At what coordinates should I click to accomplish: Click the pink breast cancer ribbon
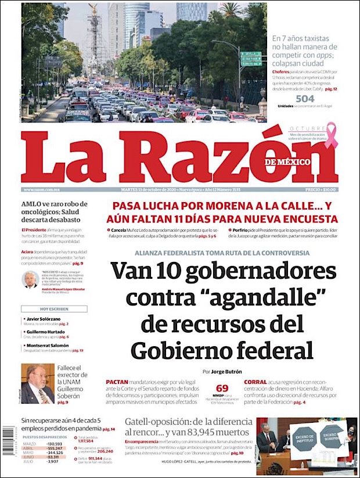pos(330,135)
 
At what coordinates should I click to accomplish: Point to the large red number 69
pos(222,388)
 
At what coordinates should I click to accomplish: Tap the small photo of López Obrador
pos(30,280)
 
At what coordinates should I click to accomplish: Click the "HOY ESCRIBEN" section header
pos(54,309)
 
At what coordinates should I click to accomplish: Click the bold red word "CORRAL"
pos(255,382)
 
